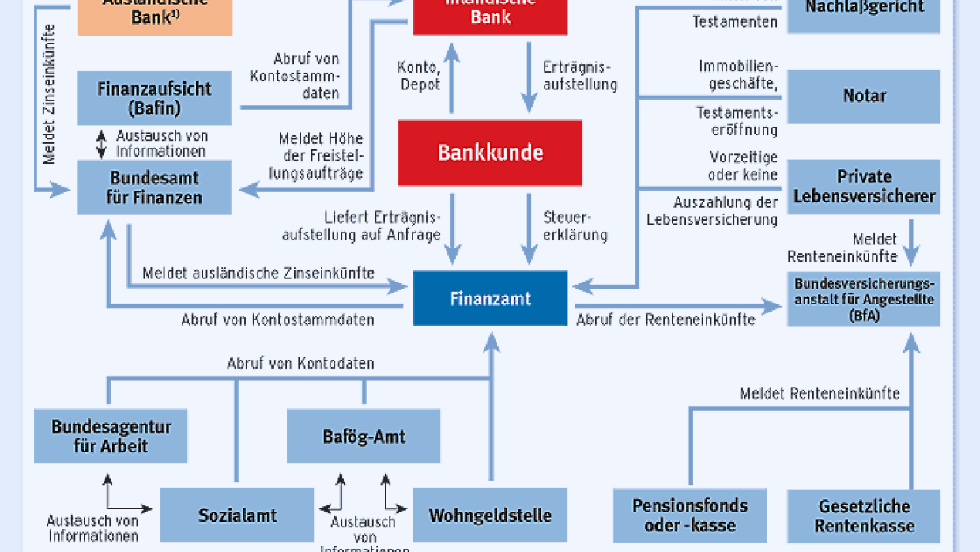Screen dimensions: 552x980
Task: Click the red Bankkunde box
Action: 490,153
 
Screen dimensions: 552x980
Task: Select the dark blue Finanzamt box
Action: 490,299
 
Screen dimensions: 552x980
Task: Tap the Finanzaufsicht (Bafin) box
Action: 154,97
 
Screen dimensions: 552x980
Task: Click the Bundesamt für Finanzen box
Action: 154,187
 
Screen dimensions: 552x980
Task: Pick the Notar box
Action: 864,96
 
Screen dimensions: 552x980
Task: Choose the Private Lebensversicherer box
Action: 864,187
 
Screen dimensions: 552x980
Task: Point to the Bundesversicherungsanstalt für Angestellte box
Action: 864,300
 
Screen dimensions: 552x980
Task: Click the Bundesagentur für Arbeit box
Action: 111,437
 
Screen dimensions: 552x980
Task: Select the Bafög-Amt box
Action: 364,437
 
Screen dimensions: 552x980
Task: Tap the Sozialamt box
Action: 237,516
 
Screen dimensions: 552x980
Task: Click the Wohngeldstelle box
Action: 490,516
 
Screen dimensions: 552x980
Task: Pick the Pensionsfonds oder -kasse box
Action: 690,516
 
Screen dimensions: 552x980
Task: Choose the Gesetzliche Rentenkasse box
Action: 864,516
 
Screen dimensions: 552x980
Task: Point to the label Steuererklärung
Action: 575,226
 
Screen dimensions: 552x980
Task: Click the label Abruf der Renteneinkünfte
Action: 665,320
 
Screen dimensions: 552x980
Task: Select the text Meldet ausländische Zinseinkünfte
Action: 258,274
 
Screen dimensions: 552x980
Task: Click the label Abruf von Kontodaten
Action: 300,364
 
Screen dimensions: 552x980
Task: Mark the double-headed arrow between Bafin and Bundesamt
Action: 101,143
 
